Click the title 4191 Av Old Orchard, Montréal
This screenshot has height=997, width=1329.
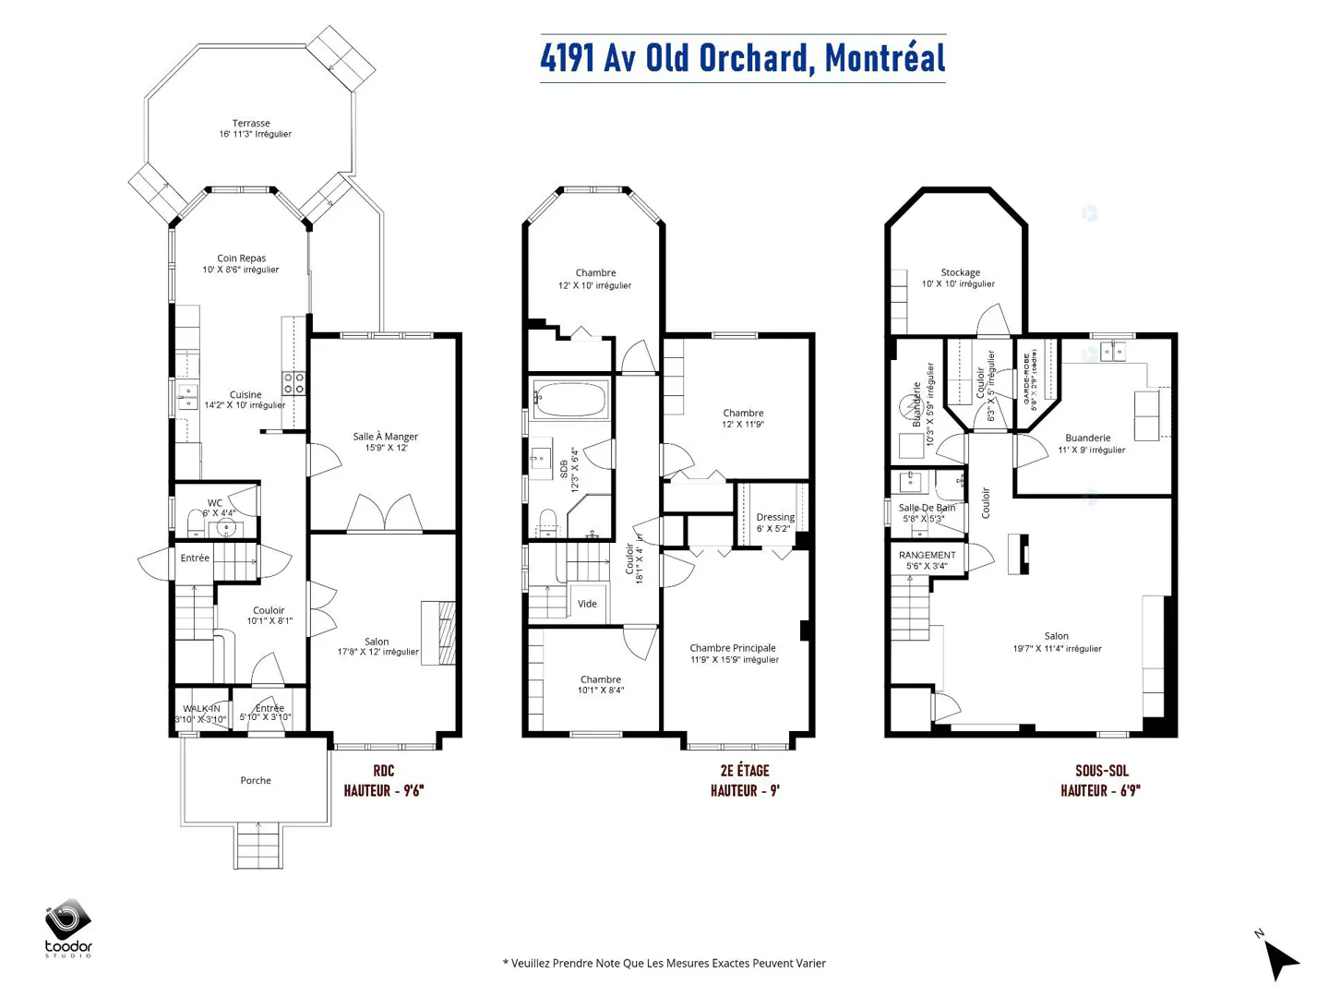743,58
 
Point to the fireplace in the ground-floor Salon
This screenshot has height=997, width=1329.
439,632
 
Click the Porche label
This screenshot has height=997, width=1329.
256,781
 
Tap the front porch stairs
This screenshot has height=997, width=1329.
258,846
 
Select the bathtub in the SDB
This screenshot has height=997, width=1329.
570,401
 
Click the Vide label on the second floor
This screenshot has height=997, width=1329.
587,604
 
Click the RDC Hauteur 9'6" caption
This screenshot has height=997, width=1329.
383,781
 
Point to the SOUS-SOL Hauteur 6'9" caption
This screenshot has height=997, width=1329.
1101,781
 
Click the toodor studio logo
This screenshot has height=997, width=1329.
68,927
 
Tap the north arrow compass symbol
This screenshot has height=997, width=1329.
1278,957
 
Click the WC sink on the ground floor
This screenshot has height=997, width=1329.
225,529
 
